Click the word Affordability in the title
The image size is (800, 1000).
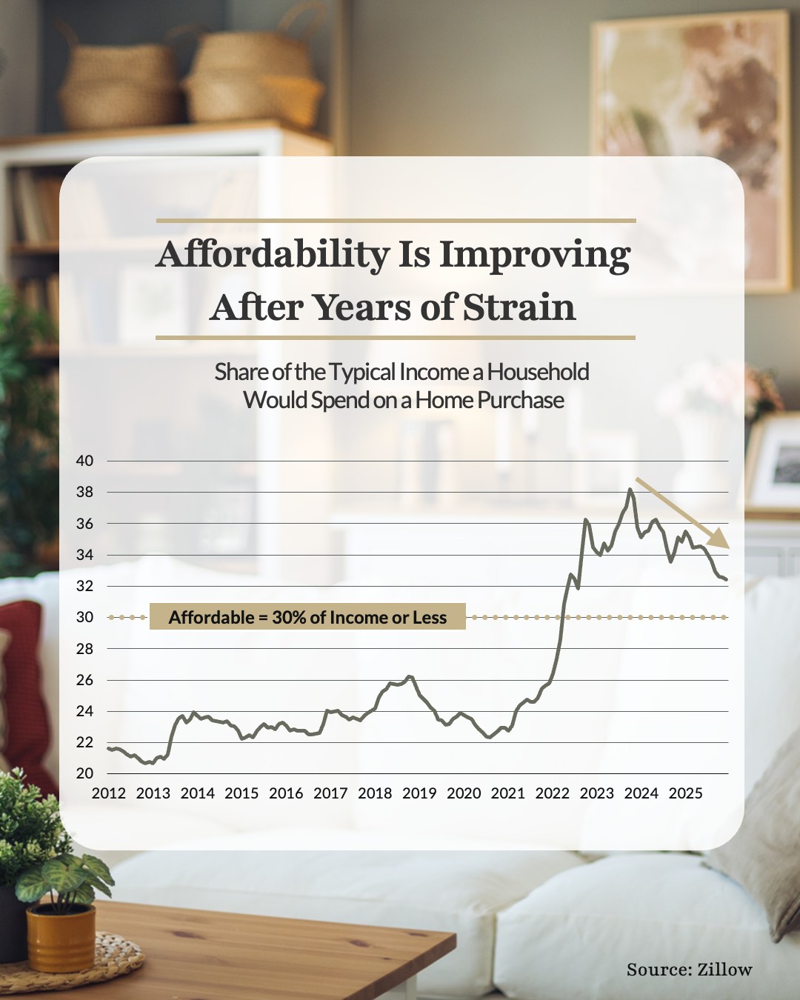pyautogui.click(x=272, y=255)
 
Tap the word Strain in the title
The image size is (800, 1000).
pyautogui.click(x=519, y=307)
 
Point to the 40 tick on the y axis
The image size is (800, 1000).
pyautogui.click(x=84, y=461)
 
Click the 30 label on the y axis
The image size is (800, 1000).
pyautogui.click(x=84, y=617)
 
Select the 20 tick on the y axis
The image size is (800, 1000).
pyautogui.click(x=84, y=773)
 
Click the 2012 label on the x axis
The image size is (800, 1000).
pyautogui.click(x=108, y=793)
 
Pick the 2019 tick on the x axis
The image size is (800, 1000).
pyautogui.click(x=419, y=793)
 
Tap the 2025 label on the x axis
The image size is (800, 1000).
pyautogui.click(x=685, y=793)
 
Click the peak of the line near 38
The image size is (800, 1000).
pyautogui.click(x=630, y=489)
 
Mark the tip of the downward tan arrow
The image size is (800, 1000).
pyautogui.click(x=729, y=547)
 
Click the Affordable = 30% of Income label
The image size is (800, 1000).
pyautogui.click(x=307, y=617)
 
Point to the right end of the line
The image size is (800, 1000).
pyautogui.click(x=726, y=579)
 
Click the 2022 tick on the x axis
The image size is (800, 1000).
pyautogui.click(x=552, y=793)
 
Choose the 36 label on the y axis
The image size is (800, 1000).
pyautogui.click(x=84, y=524)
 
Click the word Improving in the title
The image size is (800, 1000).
pyautogui.click(x=535, y=255)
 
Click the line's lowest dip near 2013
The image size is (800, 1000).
pyautogui.click(x=145, y=763)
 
